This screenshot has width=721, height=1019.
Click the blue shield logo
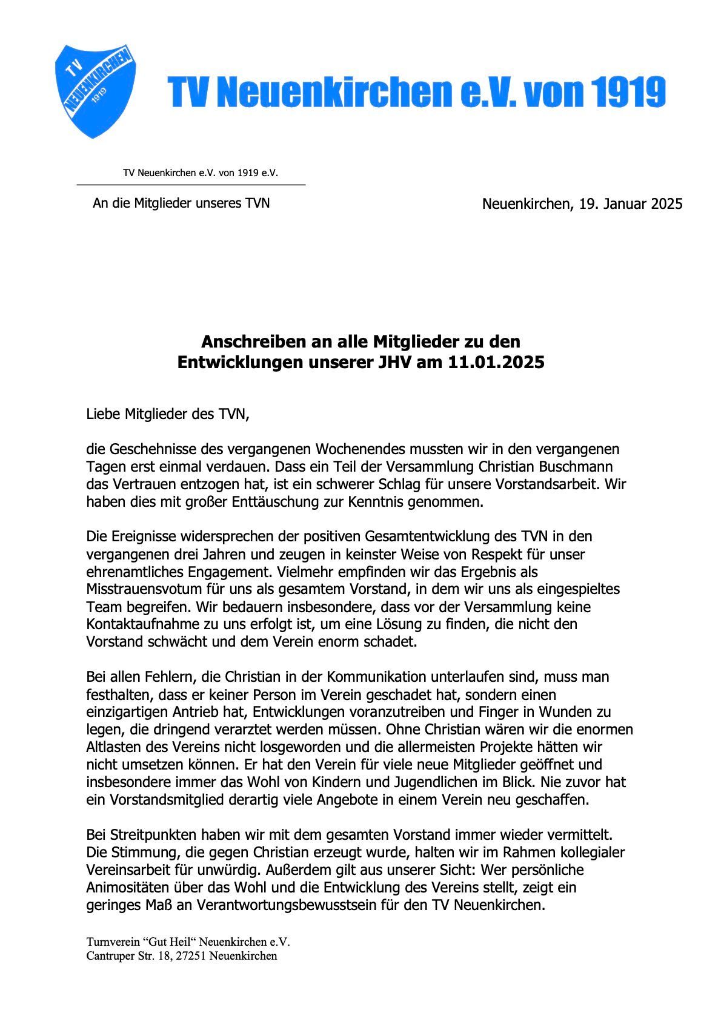(x=95, y=91)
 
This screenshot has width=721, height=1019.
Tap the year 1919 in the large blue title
(x=628, y=93)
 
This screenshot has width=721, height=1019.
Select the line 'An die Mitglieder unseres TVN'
(x=181, y=203)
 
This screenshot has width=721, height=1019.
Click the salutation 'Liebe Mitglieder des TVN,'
(x=168, y=415)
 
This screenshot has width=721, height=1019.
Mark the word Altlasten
(x=113, y=747)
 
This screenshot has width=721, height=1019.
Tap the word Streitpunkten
(x=148, y=835)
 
